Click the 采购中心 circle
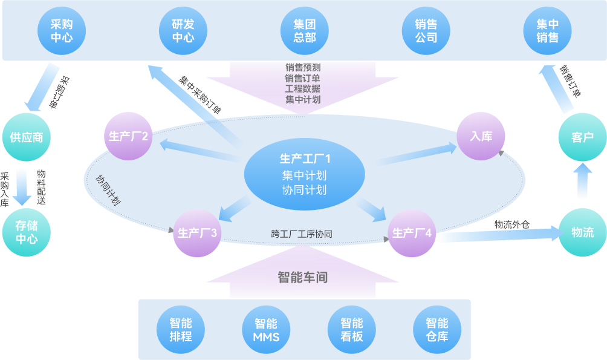pyautogui.click(x=62, y=30)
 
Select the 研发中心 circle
pyautogui.click(x=183, y=30)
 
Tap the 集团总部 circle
pyautogui.click(x=305, y=30)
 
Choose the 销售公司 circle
pyautogui.click(x=426, y=30)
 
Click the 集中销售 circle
pyautogui.click(x=547, y=30)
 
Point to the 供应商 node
pyautogui.click(x=27, y=137)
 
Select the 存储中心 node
pyautogui.click(x=27, y=232)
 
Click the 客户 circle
pyautogui.click(x=582, y=137)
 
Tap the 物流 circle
pyautogui.click(x=582, y=232)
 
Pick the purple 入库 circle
pyautogui.click(x=481, y=136)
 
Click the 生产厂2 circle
pyautogui.click(x=129, y=136)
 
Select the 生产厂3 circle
pyautogui.click(x=197, y=232)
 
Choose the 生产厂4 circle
pyautogui.click(x=412, y=232)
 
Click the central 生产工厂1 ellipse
pyautogui.click(x=304, y=175)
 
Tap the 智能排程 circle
pyautogui.click(x=181, y=330)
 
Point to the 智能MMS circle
pyautogui.click(x=266, y=330)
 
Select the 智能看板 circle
pyautogui.click(x=351, y=330)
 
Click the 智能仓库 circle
pyautogui.click(x=437, y=330)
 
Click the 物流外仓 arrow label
pyautogui.click(x=511, y=224)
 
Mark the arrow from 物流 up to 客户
pyautogui.click(x=582, y=182)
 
